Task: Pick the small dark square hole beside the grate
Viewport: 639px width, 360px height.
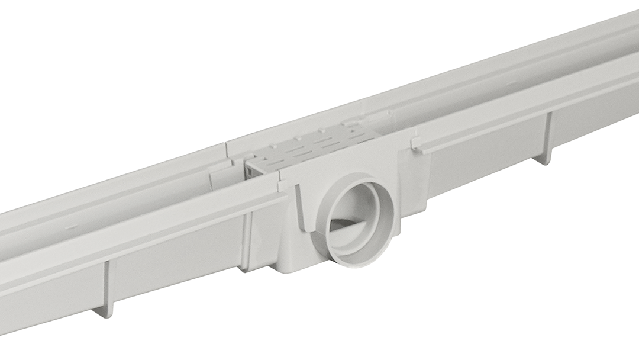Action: (x=251, y=171)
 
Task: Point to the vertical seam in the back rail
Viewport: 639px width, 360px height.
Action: (x=227, y=152)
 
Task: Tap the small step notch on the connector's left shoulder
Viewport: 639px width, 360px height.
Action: (x=283, y=186)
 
